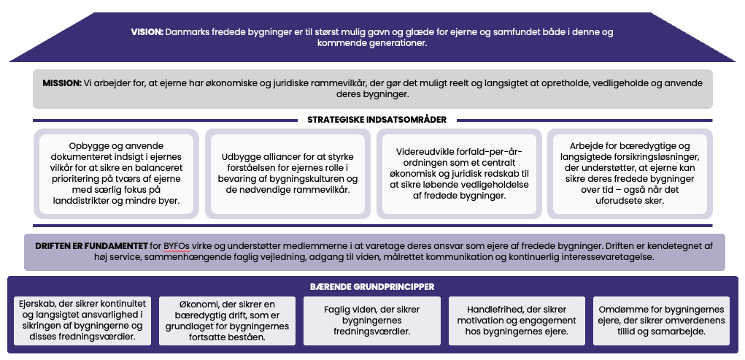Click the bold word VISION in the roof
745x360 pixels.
tap(147, 32)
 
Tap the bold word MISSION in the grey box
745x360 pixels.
tap(61, 84)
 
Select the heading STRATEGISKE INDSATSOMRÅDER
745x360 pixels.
tap(377, 120)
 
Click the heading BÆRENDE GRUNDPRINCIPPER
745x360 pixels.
tap(372, 287)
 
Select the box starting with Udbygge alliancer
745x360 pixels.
tap(289, 174)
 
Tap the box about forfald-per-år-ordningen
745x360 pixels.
tap(459, 174)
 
